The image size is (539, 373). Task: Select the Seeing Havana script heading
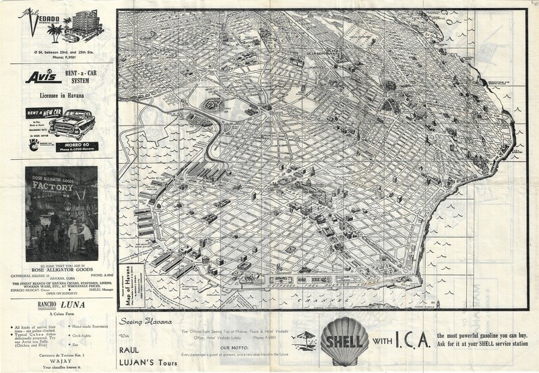pyautogui.click(x=144, y=320)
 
